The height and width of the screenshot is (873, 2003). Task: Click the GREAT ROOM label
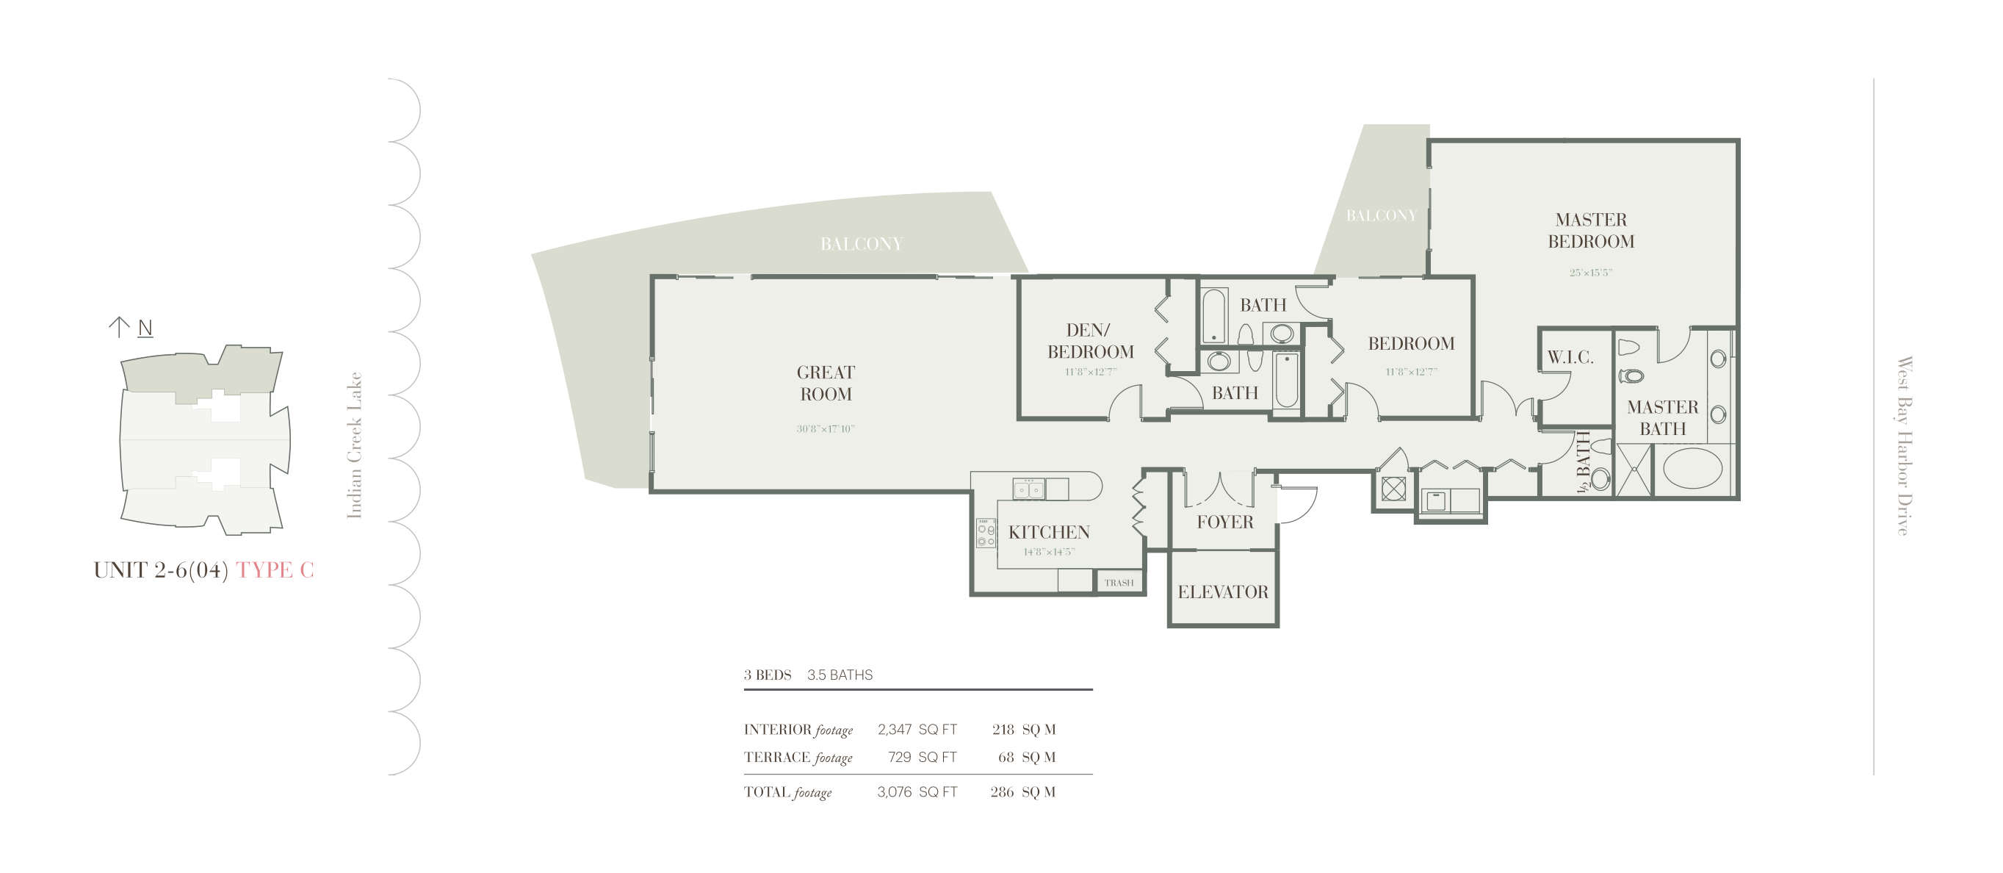pyautogui.click(x=826, y=384)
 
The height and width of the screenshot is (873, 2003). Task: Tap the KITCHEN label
pyautogui.click(x=1049, y=533)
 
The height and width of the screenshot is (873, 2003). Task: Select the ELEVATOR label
pyautogui.click(x=1223, y=592)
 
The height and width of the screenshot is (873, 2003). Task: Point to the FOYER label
pyautogui.click(x=1224, y=522)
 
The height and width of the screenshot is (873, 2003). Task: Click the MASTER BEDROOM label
pyautogui.click(x=1591, y=231)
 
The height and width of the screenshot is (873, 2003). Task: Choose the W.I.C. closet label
pyautogui.click(x=1570, y=358)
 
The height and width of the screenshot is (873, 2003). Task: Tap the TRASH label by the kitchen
pyautogui.click(x=1119, y=583)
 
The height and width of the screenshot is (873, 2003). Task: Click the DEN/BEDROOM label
pyautogui.click(x=1090, y=342)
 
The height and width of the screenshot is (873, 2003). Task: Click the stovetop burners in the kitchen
pyautogui.click(x=986, y=533)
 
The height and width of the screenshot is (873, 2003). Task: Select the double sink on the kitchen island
pyautogui.click(x=1029, y=489)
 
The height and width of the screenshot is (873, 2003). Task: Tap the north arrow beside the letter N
pyautogui.click(x=118, y=327)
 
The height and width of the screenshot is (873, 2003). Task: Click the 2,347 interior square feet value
pyautogui.click(x=894, y=730)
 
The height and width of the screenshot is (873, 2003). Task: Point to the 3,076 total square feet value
pyautogui.click(x=894, y=792)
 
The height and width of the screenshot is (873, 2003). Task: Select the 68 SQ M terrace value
pyautogui.click(x=1026, y=757)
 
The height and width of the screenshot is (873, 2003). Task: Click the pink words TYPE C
pyautogui.click(x=275, y=570)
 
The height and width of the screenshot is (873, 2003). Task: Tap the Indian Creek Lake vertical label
pyautogui.click(x=355, y=445)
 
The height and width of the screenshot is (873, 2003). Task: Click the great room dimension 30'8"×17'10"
pyautogui.click(x=826, y=428)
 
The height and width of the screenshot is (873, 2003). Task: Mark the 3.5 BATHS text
pyautogui.click(x=840, y=675)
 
